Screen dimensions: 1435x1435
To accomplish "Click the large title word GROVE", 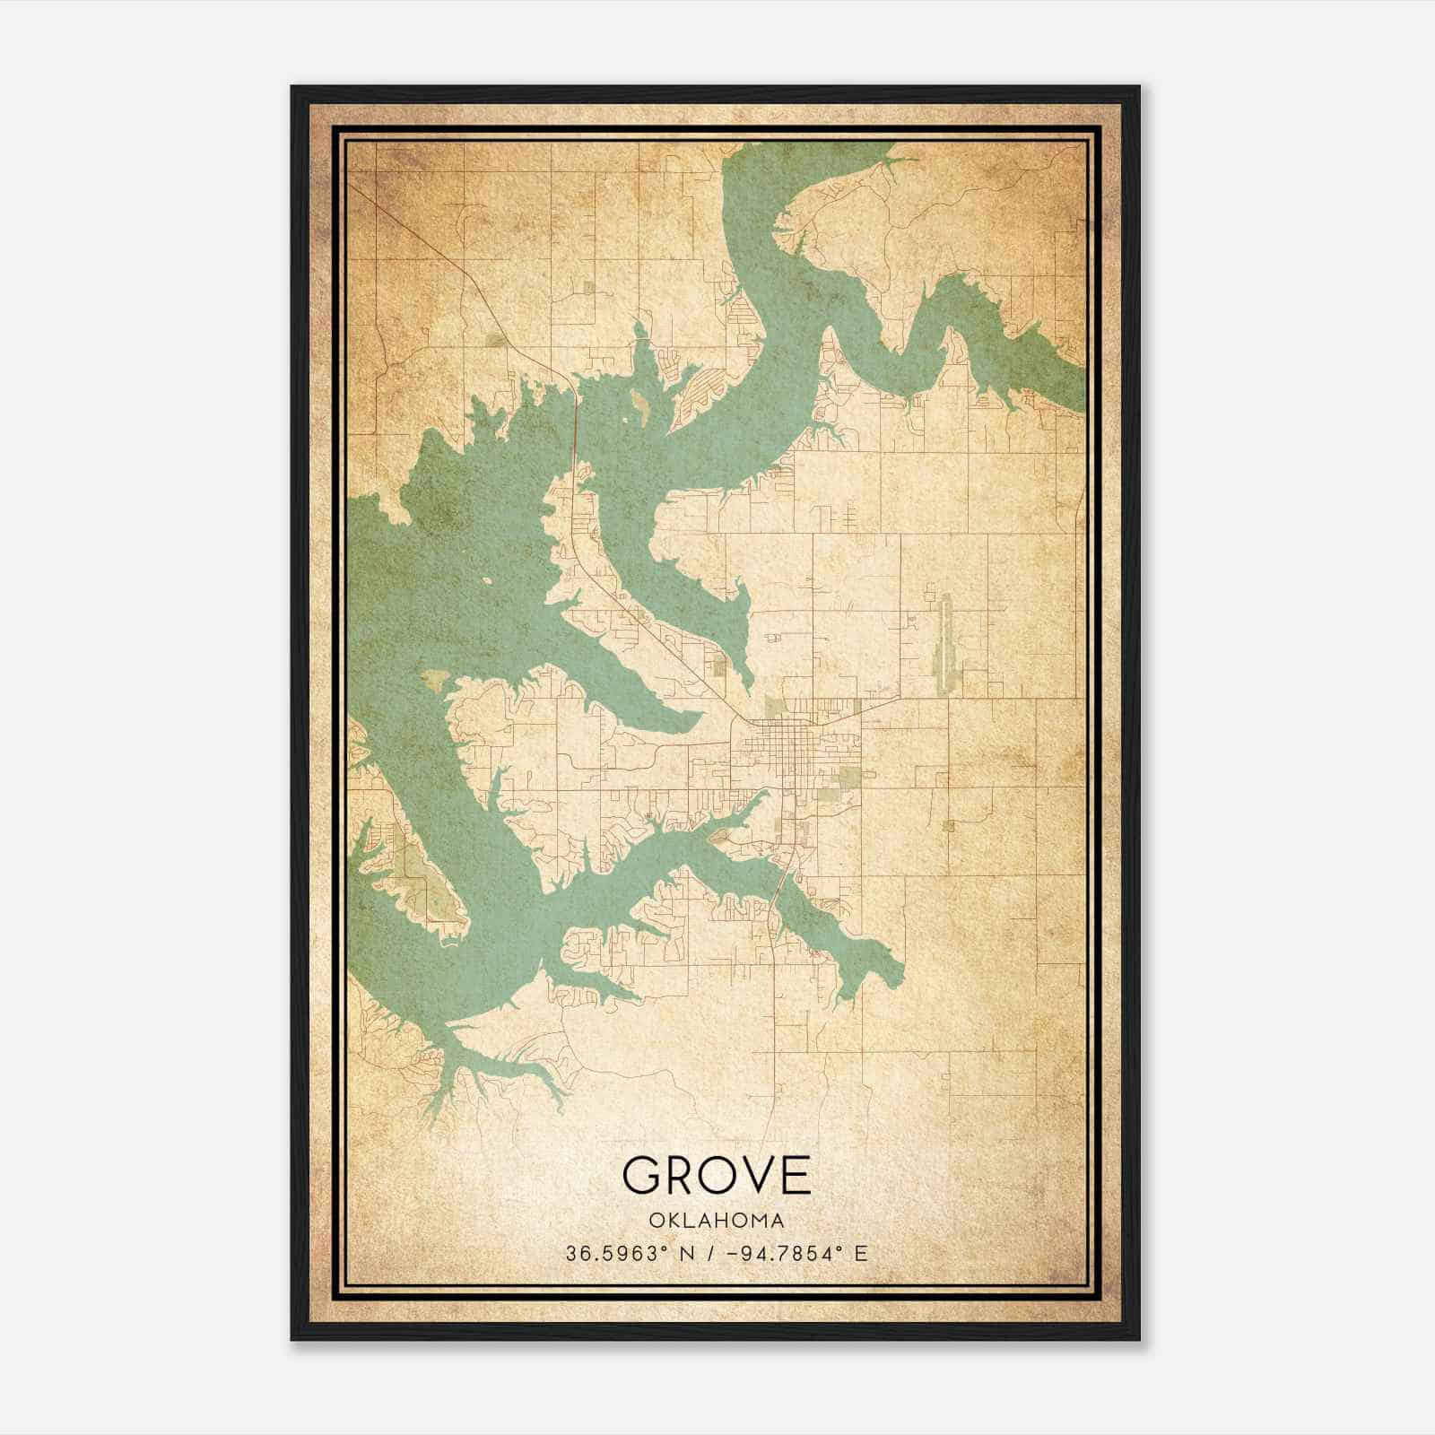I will pos(716,1174).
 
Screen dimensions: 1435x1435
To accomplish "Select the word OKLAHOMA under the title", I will pos(716,1221).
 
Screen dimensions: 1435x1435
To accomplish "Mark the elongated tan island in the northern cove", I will pos(640,408).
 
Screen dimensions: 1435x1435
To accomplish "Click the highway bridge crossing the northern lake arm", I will pos(574,430).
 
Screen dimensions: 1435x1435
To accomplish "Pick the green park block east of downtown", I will pos(848,777).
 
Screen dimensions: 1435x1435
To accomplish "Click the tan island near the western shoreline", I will pos(436,679).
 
